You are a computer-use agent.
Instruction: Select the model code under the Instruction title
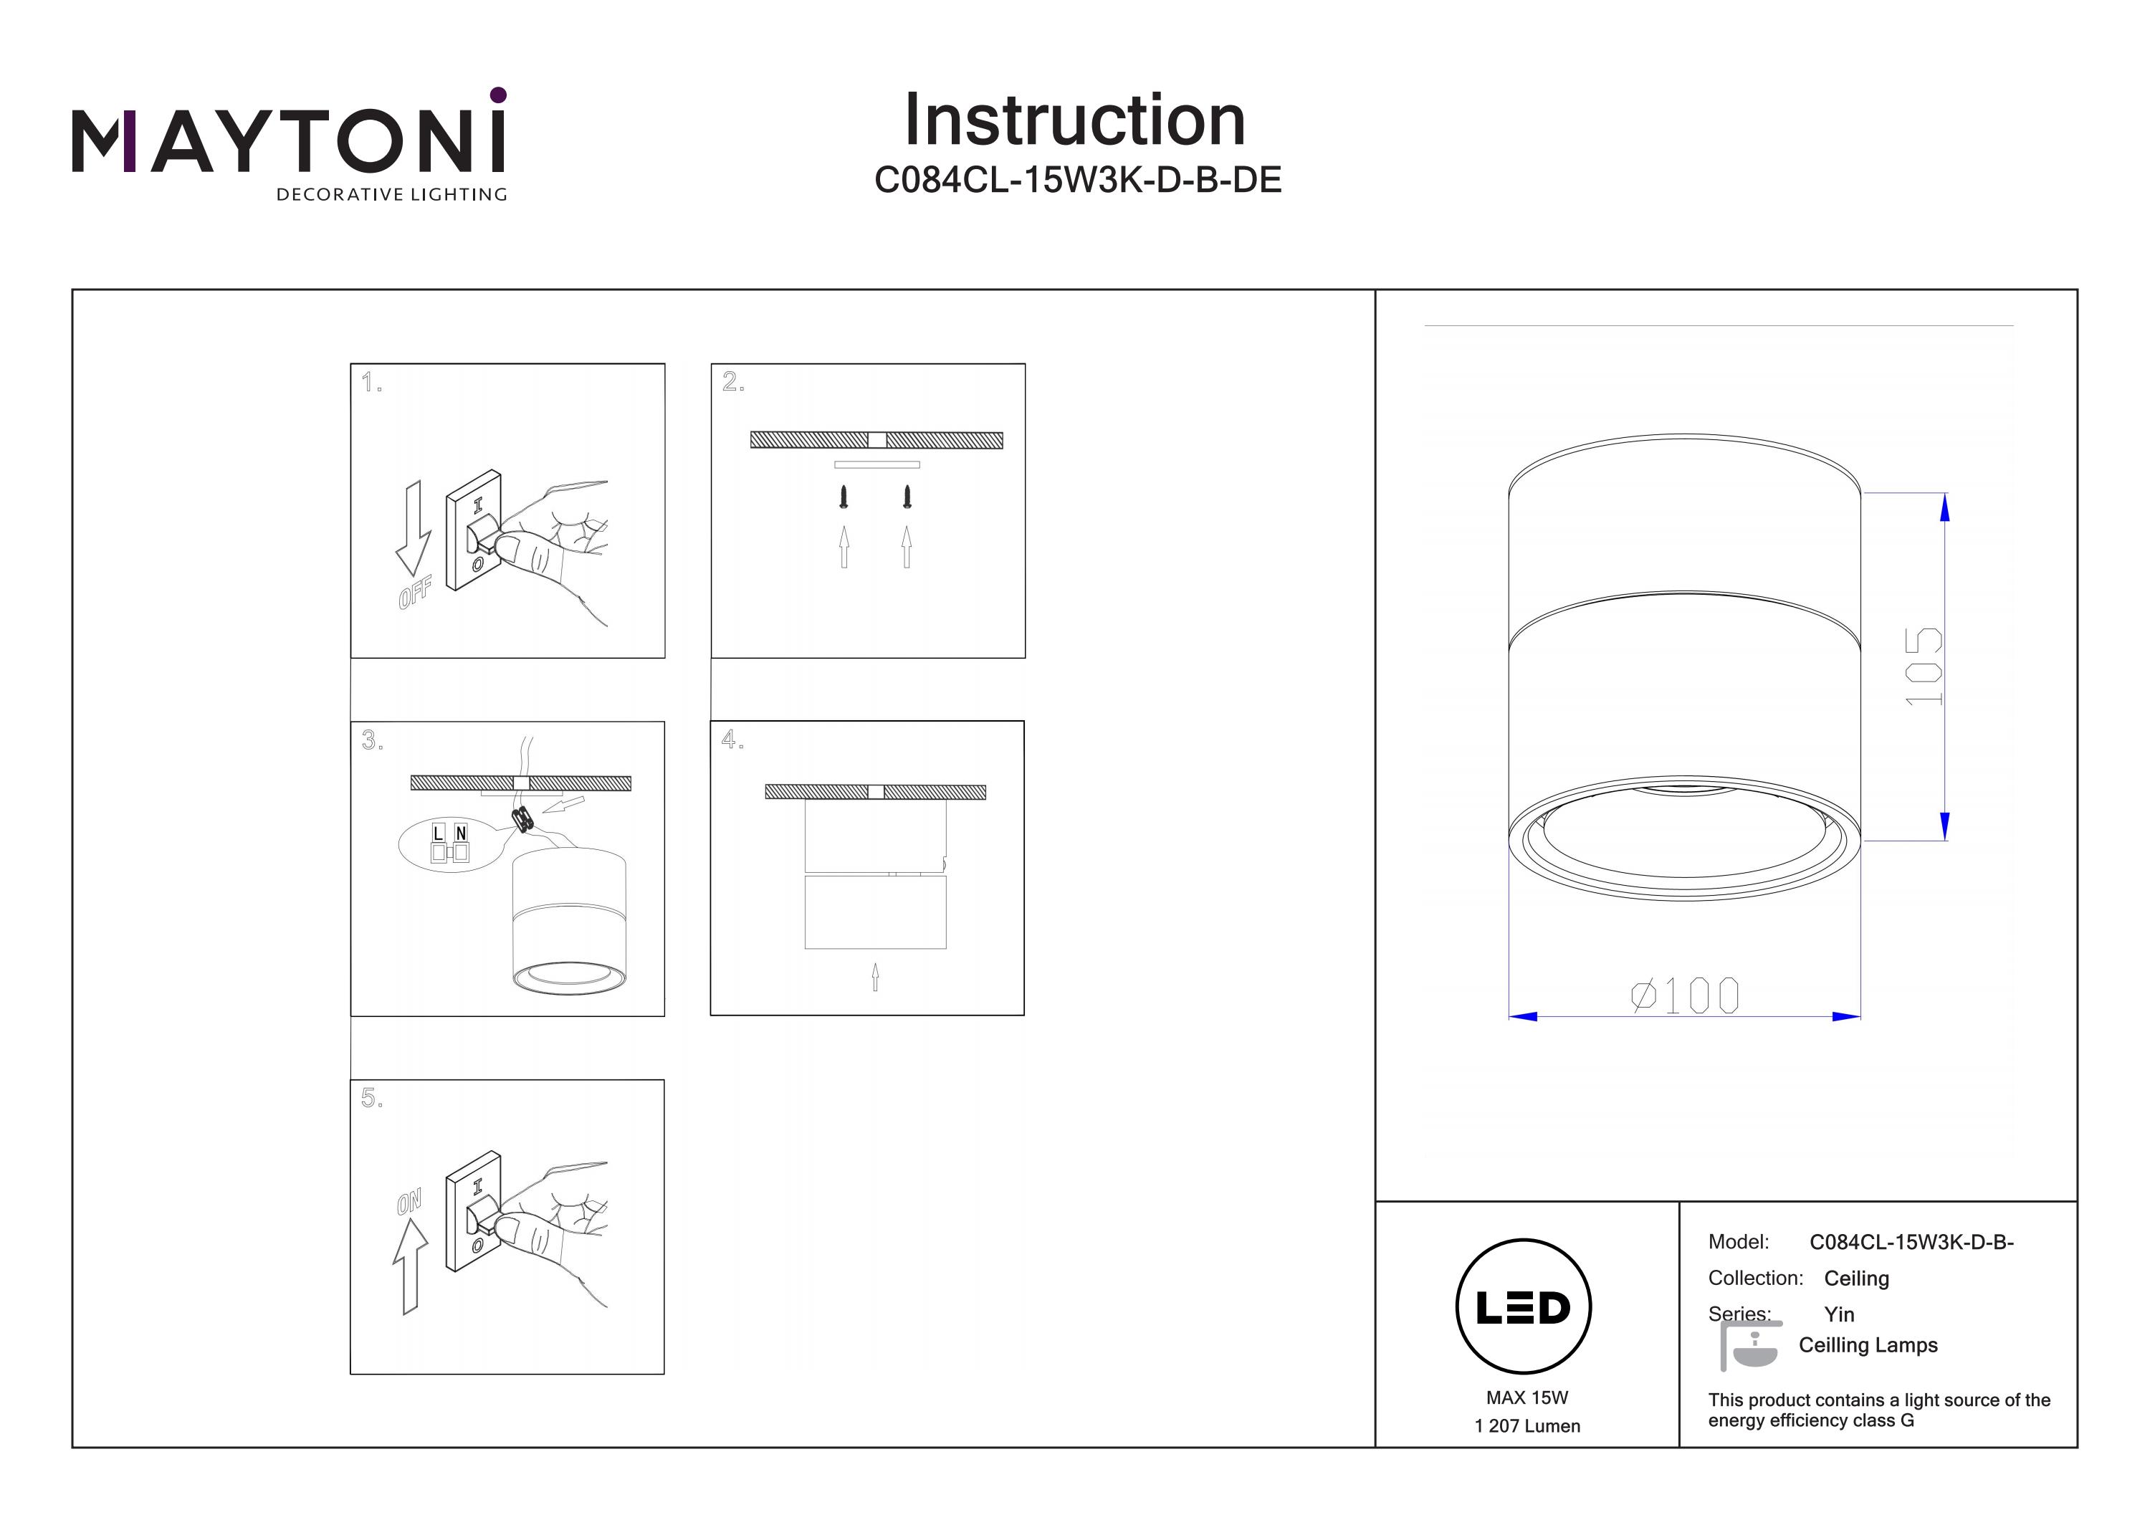(x=1078, y=180)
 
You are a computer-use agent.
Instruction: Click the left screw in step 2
(x=844, y=497)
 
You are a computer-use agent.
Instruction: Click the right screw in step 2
(x=907, y=497)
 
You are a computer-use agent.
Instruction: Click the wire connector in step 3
(x=522, y=819)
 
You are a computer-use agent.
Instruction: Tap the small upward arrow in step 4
(x=876, y=977)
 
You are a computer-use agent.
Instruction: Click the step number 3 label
(x=372, y=741)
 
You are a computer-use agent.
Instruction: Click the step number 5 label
(x=372, y=1099)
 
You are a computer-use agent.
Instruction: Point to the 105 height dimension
(x=1924, y=666)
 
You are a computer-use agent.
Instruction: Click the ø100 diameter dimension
(x=1685, y=995)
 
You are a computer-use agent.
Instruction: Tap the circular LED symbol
(x=1524, y=1307)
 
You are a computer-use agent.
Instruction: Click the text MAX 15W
(x=1526, y=1397)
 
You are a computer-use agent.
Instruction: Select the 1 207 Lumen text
(x=1527, y=1426)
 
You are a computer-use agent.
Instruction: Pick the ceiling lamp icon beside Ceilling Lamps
(x=1750, y=1346)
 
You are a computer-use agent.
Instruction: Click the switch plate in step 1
(x=474, y=530)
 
